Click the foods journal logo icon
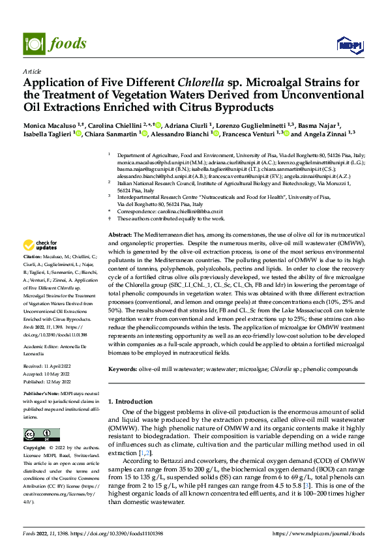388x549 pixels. coord(32,43)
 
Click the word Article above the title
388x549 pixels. coord(31,71)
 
